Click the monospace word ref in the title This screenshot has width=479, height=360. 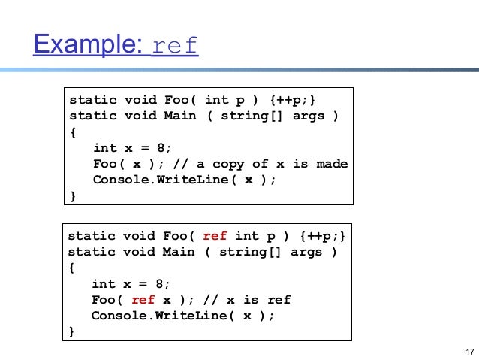tap(174, 47)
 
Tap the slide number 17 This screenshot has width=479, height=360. tap(470, 352)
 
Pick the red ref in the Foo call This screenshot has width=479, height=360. tap(143, 300)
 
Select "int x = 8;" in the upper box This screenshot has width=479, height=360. tap(132, 148)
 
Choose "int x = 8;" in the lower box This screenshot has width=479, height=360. tap(131, 284)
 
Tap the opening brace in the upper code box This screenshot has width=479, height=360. tap(73, 132)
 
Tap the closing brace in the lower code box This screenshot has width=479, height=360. tap(72, 331)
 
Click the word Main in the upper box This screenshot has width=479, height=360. tap(180, 116)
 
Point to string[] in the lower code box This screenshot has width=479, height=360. tap(247, 252)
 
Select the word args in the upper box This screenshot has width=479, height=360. tap(309, 116)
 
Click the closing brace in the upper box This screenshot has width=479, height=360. tap(73, 196)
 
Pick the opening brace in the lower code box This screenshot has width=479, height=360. tap(72, 268)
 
